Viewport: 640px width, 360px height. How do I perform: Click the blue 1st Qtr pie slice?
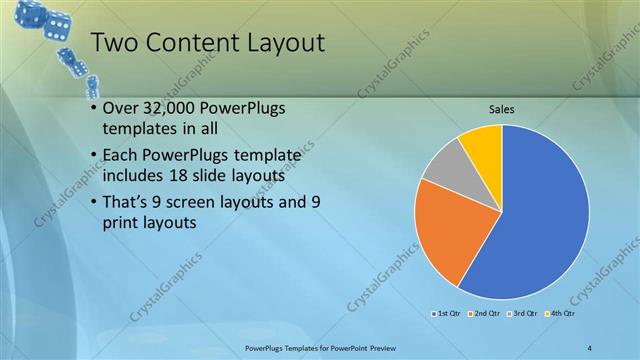pyautogui.click(x=540, y=220)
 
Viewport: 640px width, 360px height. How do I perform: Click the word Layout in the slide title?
pyautogui.click(x=275, y=43)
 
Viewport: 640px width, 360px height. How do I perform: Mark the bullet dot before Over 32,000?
pyautogui.click(x=93, y=107)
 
